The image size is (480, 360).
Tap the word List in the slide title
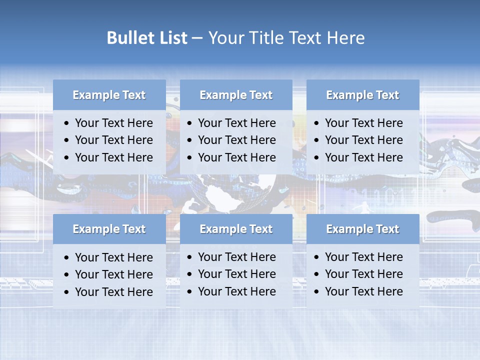click(171, 38)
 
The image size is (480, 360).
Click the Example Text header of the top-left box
click(109, 95)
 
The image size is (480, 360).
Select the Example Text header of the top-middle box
click(236, 95)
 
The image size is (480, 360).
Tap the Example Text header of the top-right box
click(362, 95)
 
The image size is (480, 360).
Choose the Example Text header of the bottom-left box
click(109, 229)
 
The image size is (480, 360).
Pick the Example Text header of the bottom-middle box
click(236, 229)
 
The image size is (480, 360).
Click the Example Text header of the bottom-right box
click(362, 229)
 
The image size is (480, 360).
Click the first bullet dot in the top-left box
click(67, 123)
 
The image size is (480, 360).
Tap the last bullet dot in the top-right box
click(317, 158)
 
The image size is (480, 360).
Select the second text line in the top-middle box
click(236, 140)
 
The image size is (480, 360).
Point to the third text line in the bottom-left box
click(113, 292)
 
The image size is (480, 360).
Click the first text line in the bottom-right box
click(363, 257)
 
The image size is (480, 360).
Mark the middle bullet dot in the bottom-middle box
click(190, 274)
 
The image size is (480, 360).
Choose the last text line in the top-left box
click(113, 157)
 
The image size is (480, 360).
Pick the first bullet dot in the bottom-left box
click(67, 258)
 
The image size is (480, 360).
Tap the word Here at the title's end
click(345, 38)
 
